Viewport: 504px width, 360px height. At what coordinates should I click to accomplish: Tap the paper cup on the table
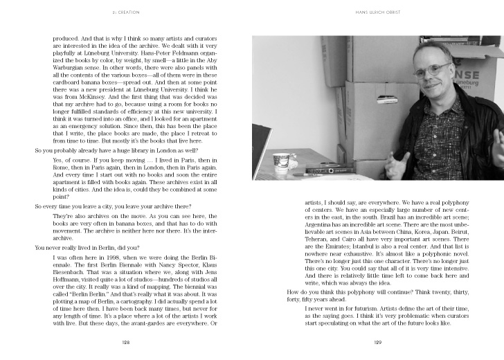280,160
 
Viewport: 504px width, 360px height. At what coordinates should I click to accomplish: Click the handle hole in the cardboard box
386,100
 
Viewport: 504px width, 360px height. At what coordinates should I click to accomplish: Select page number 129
377,341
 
